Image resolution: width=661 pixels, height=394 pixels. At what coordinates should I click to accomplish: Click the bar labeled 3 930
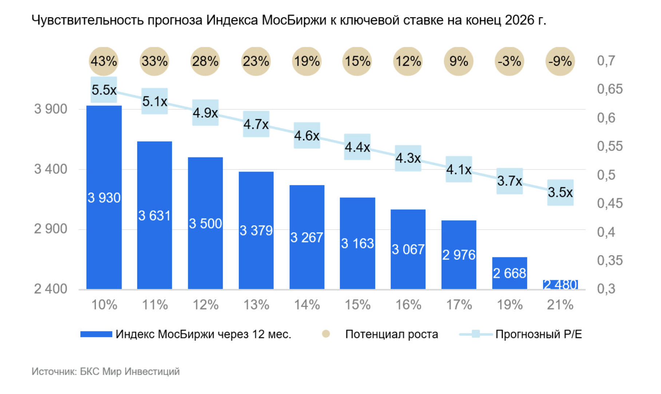(x=104, y=197)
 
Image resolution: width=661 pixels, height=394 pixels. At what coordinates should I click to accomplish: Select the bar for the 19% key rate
(x=509, y=273)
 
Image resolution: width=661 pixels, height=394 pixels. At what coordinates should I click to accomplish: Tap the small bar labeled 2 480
(x=560, y=285)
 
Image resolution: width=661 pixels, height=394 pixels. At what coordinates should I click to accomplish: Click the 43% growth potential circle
(x=104, y=61)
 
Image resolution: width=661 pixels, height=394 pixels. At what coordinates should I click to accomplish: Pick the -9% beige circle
(x=560, y=61)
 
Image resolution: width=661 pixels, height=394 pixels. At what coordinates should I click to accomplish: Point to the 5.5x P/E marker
(x=104, y=89)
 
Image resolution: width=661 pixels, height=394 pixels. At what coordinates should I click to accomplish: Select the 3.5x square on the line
(x=560, y=192)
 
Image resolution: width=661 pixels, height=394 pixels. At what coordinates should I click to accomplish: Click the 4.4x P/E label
(x=357, y=147)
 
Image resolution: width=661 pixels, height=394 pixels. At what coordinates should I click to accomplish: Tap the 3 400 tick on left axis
(x=51, y=169)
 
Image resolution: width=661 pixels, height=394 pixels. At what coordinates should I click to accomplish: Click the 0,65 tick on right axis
(x=609, y=89)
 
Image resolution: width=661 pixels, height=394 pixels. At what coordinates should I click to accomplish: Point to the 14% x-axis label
(x=306, y=305)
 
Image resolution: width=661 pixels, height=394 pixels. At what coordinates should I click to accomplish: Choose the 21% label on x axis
(x=560, y=305)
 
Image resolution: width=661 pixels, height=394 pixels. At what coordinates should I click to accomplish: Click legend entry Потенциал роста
(x=391, y=334)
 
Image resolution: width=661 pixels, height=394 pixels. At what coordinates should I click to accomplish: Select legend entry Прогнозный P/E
(x=538, y=334)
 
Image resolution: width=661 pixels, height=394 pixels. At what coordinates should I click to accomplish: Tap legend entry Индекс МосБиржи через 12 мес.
(x=203, y=334)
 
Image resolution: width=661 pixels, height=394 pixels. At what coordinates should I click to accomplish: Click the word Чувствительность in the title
(x=88, y=20)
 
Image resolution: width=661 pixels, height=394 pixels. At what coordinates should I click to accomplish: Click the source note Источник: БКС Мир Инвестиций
(x=106, y=371)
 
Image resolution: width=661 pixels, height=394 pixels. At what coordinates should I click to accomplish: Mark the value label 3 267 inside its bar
(x=306, y=237)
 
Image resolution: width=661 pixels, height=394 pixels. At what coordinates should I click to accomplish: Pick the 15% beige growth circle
(x=357, y=61)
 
